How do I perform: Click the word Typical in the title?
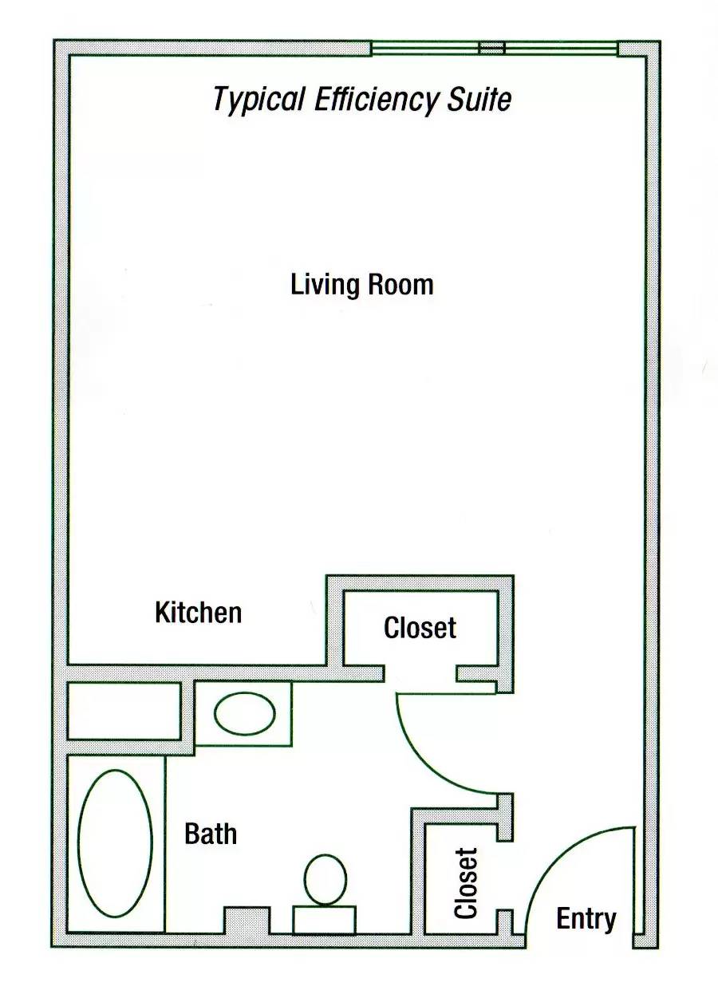click(258, 101)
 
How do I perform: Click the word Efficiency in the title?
click(376, 101)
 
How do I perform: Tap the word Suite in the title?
click(479, 99)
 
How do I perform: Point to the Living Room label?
click(361, 285)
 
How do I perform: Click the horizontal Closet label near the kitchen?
click(420, 628)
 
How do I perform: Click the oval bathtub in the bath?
click(116, 844)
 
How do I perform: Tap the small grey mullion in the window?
click(492, 48)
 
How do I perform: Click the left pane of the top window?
click(425, 48)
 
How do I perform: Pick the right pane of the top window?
click(561, 48)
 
